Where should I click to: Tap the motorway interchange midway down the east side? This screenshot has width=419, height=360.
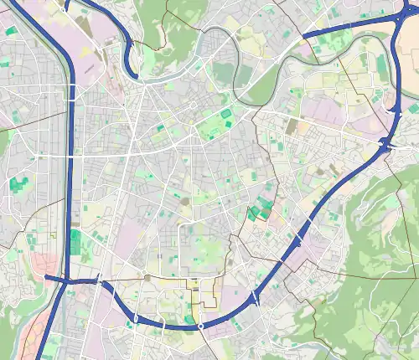pos(388,144)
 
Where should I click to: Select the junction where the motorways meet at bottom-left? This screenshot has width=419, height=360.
pos(65,283)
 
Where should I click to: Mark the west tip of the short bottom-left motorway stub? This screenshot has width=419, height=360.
pos(46,275)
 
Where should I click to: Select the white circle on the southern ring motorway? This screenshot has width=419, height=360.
pos(201,325)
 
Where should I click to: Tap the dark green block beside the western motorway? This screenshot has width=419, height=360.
pos(76,242)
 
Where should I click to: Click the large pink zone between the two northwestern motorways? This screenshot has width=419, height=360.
pos(98,33)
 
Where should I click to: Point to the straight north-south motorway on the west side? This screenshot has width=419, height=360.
pos(70,167)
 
